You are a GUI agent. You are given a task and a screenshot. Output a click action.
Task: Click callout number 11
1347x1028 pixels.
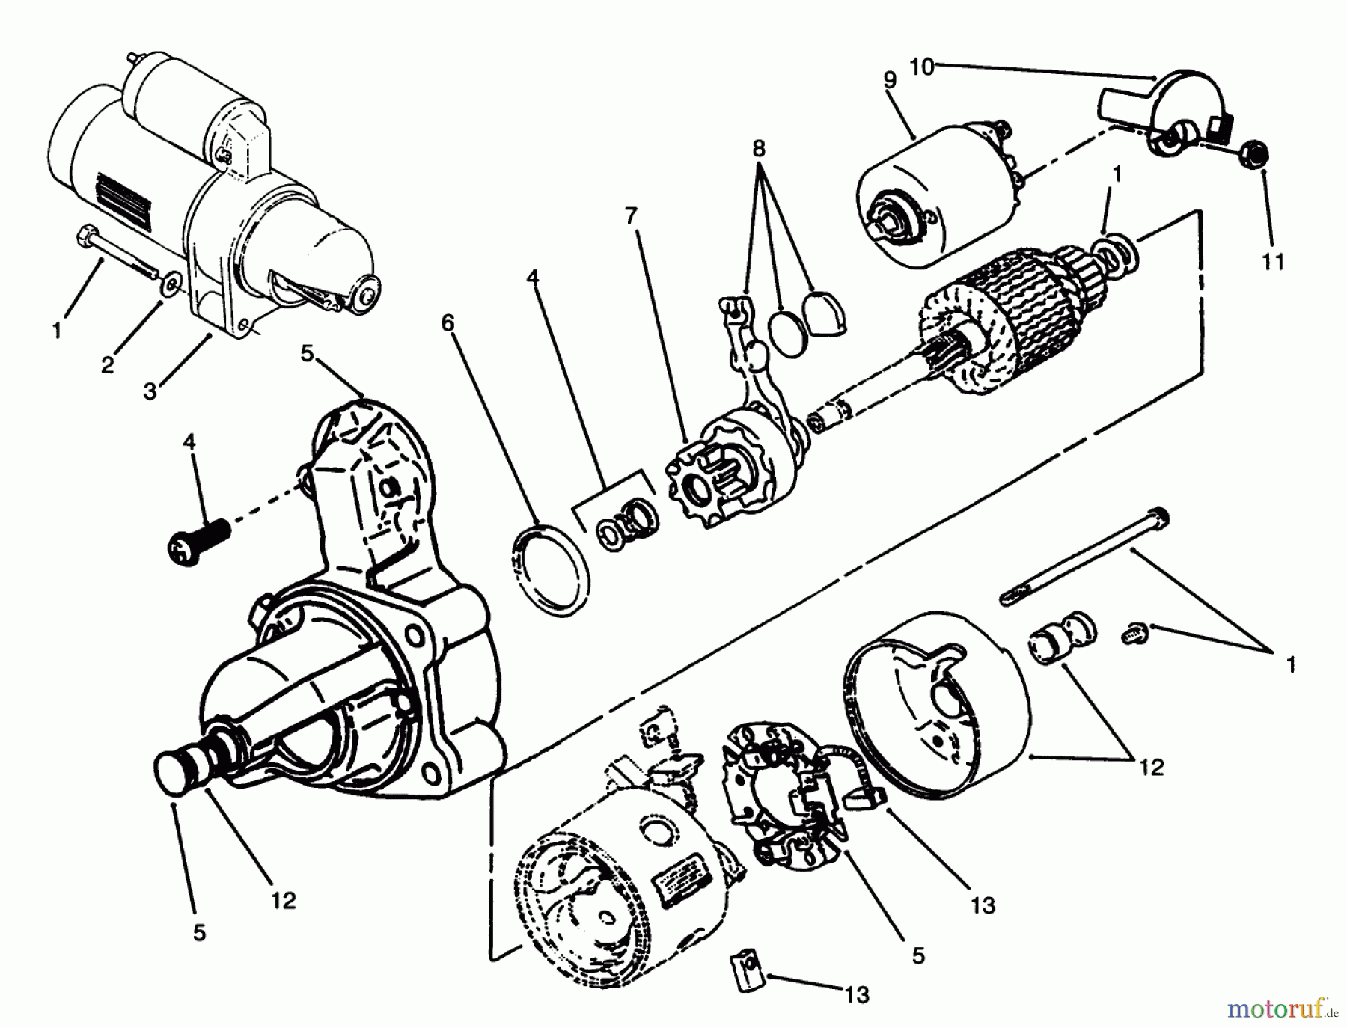[x=1272, y=262]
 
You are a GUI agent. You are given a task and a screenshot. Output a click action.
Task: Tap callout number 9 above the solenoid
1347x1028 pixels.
[x=889, y=80]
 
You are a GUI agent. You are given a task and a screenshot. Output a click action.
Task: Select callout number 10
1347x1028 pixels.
[x=922, y=67]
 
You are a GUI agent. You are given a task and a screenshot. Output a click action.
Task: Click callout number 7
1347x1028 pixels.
[x=631, y=217]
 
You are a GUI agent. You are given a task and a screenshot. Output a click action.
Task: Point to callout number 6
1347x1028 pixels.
[x=448, y=322]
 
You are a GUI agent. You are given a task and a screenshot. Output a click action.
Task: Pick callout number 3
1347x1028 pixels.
[x=150, y=391]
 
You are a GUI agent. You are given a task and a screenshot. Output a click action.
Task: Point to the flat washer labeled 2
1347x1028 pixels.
[x=172, y=284]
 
